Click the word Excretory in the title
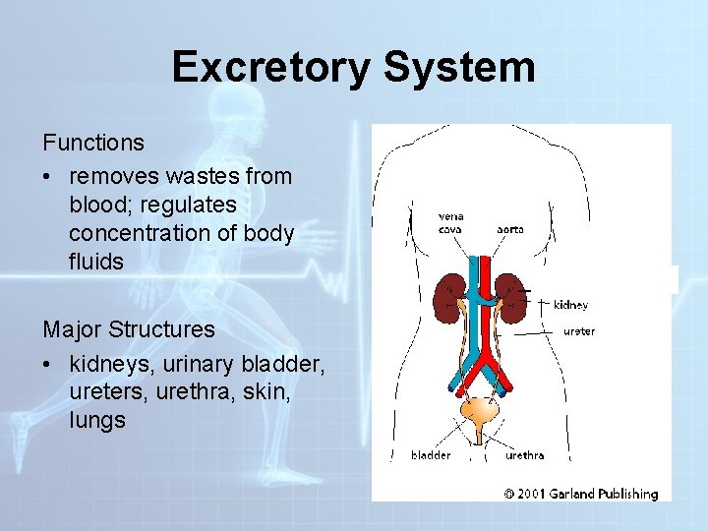tap(270, 68)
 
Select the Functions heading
tap(93, 143)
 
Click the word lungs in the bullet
tap(97, 420)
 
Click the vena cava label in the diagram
tap(451, 223)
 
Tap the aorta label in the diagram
tap(509, 229)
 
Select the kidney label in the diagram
tap(570, 306)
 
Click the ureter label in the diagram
tap(578, 331)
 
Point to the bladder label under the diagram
tap(431, 455)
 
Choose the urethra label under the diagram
tap(524, 455)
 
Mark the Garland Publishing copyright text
tap(580, 494)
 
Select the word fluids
tap(96, 263)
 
